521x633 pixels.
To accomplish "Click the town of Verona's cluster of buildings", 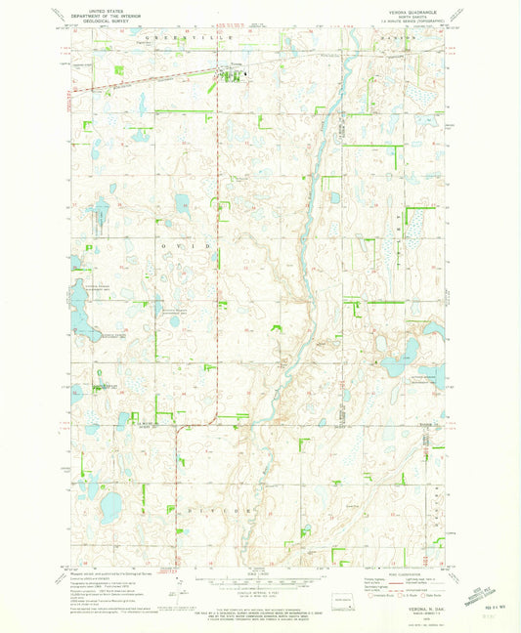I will [x=235, y=71].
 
